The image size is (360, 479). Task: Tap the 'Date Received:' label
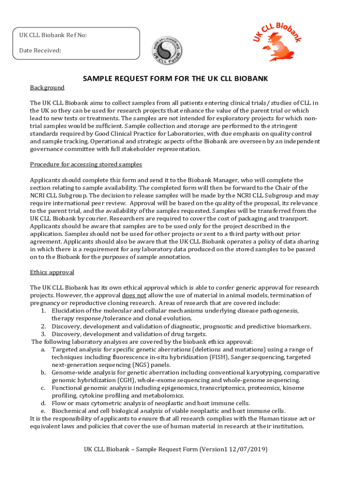coord(40,50)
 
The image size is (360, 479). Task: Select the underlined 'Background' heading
coord(47,87)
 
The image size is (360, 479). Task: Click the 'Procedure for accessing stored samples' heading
coord(86,164)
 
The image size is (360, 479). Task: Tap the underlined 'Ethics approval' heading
coord(52,272)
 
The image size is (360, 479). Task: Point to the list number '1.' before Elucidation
coord(43,311)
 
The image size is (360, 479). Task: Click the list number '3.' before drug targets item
coord(43,334)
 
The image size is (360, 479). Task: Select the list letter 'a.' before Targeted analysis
coord(43,349)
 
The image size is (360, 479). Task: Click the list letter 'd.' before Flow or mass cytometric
coord(43,403)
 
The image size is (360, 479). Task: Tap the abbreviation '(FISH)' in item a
coord(201,357)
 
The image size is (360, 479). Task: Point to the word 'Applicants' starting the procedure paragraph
coord(45,180)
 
